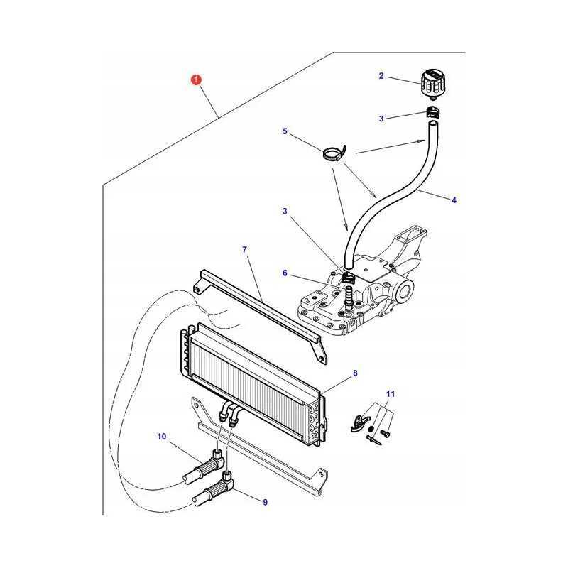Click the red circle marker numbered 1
(196, 80)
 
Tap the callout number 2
(381, 76)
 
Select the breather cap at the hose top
(433, 85)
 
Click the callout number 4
(454, 200)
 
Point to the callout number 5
(285, 131)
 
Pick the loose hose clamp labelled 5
(334, 153)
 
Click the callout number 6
(285, 273)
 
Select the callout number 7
(244, 250)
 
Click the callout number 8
(356, 373)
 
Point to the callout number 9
(265, 502)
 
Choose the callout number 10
(162, 436)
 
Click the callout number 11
(390, 393)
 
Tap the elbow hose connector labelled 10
(205, 466)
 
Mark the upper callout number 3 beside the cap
(381, 119)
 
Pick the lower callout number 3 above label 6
(285, 211)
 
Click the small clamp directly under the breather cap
(432, 111)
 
